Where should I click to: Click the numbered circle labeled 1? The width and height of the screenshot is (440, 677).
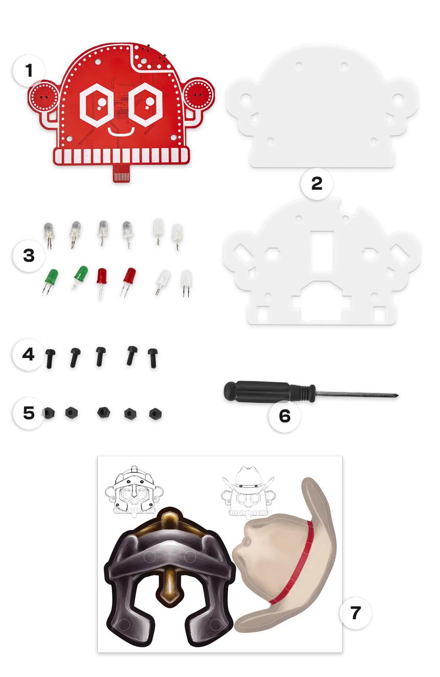coord(29,71)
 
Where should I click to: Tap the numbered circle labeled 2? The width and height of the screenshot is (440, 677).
coord(317,184)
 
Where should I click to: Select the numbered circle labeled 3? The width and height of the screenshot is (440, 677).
coord(29,255)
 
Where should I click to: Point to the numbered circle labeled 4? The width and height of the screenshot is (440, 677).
coord(29,354)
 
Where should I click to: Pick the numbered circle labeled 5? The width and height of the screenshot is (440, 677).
coord(29,413)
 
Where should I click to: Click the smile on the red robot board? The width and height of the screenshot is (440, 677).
coord(121,132)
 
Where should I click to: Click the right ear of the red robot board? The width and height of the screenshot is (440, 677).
coord(198,95)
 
